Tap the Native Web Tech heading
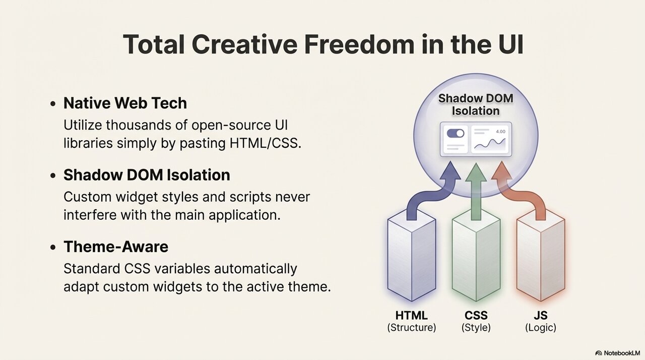125,103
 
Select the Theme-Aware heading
116,247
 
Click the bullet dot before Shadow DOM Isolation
53,175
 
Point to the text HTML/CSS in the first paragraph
265,143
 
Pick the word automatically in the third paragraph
255,269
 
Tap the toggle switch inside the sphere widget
455,133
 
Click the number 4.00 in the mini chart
500,132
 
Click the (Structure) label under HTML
412,327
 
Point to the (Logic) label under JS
541,327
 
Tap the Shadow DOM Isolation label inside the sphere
476,104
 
